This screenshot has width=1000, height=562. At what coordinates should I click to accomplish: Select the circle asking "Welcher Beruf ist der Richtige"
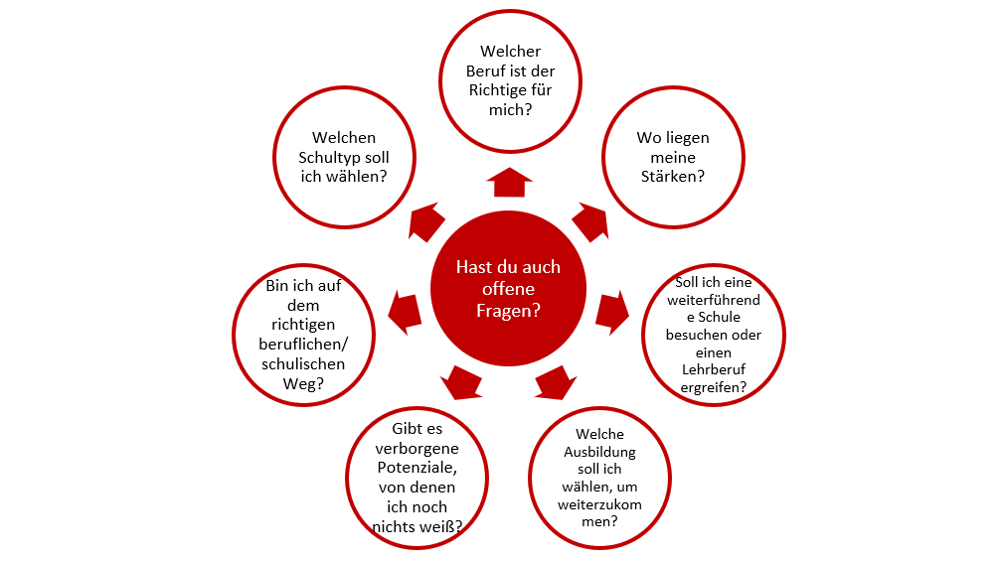[x=511, y=79]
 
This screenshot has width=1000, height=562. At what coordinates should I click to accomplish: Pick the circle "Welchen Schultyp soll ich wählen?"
[x=344, y=157]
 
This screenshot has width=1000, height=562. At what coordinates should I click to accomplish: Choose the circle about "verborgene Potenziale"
[x=416, y=477]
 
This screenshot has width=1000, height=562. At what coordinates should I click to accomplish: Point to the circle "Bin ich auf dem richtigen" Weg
[x=304, y=334]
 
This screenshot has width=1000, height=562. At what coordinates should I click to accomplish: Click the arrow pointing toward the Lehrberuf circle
[x=612, y=310]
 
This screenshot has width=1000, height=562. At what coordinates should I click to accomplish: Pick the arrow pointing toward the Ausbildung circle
[x=557, y=381]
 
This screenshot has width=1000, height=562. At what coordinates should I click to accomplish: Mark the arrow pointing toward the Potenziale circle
[x=459, y=380]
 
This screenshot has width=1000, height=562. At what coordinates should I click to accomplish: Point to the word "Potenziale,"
[x=416, y=468]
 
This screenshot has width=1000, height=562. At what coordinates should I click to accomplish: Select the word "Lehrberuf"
[x=707, y=370]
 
